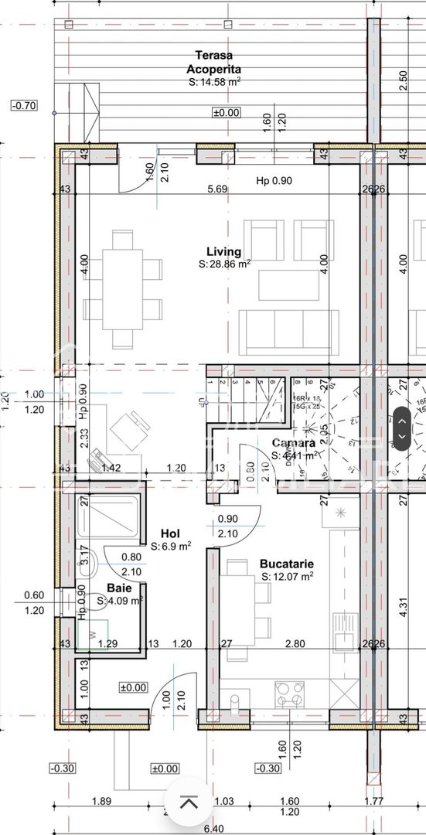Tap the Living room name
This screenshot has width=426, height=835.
point(223,251)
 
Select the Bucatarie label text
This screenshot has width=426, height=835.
point(286,564)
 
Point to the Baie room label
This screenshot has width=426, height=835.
point(119,588)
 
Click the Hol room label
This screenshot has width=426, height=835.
point(170,533)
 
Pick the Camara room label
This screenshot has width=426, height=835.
point(293,443)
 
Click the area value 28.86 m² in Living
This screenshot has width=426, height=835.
point(225,264)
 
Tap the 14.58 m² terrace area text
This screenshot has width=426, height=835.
point(214,81)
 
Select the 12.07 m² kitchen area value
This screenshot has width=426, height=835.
point(287,576)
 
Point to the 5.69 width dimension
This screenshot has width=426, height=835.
point(217,189)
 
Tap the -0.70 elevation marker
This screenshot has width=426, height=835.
point(25,105)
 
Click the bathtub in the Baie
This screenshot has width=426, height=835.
point(112,518)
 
